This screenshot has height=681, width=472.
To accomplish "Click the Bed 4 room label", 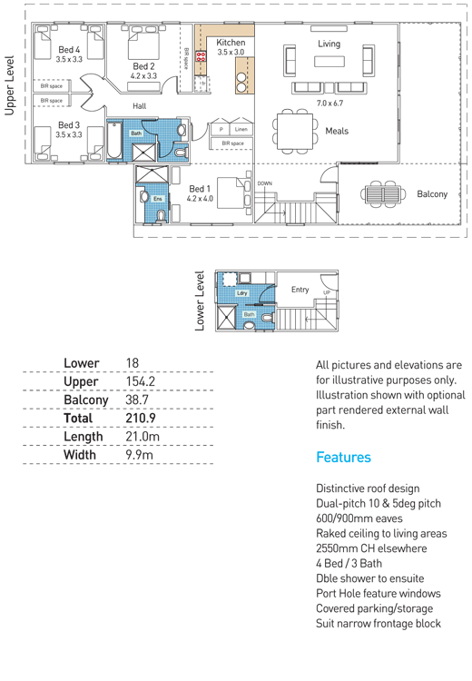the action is point(69,50).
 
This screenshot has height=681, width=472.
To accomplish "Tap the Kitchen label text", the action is point(231,43).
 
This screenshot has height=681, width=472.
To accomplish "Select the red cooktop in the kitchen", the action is point(201,55).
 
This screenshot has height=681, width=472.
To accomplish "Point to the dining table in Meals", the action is point(295,131).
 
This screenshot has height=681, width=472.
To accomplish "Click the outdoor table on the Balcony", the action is point(383,193).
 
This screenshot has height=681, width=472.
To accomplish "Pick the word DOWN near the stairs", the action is point(264,183).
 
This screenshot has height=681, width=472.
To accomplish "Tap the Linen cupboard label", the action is point(241,129).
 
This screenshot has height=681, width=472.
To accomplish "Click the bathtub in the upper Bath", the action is point(115,140).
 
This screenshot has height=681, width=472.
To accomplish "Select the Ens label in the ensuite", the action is point(158,199).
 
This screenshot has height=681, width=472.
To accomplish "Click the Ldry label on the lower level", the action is point(241,293).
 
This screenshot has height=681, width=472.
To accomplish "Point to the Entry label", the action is point(300,290).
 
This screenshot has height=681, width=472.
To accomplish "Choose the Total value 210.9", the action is point(141,419).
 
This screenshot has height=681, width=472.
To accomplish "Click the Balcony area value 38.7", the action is point(137,400).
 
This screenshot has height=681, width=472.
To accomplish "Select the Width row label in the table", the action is point(80,455).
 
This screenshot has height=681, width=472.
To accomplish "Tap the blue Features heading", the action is point(343,457).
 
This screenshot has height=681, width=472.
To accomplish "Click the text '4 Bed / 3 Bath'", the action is point(349,563).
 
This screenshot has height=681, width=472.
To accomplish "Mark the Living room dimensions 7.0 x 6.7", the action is point(329,103).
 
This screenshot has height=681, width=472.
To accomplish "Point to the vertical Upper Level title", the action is point(10,85).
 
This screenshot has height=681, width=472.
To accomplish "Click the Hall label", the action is point(140,106).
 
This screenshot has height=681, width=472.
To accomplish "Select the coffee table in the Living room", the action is point(329,61).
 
